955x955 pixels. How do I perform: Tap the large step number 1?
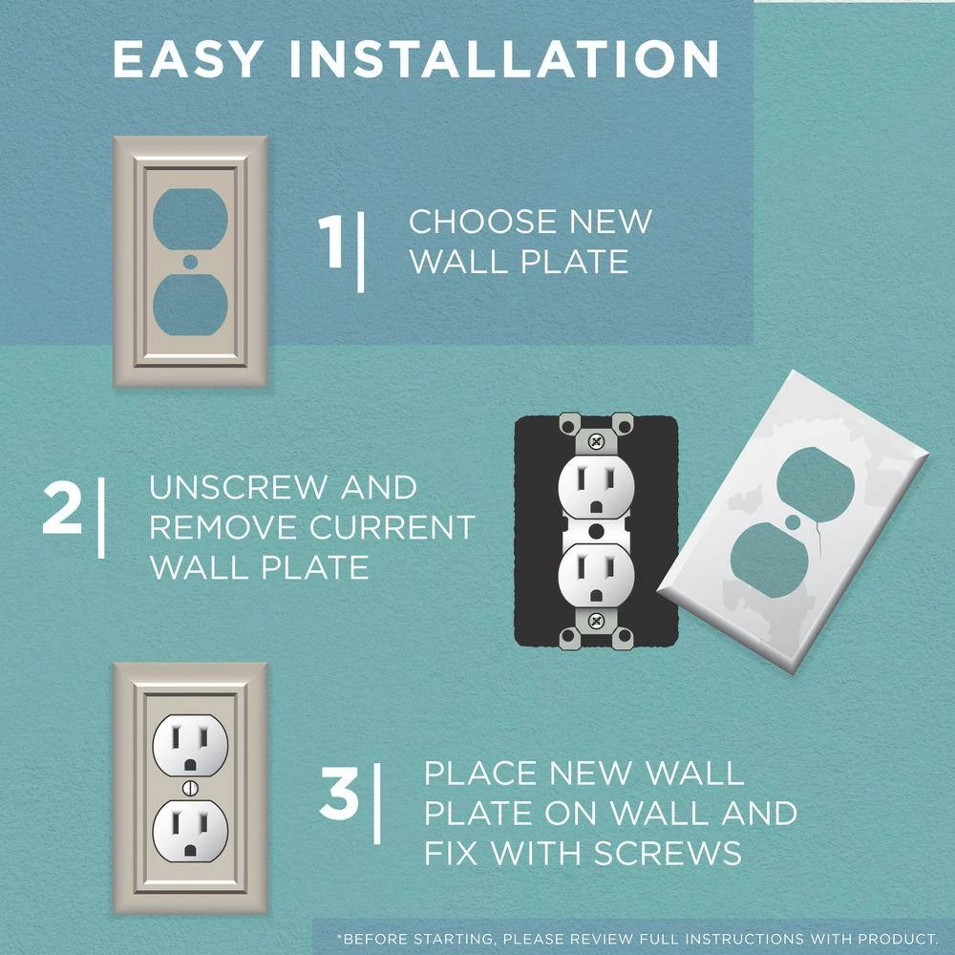click(331, 243)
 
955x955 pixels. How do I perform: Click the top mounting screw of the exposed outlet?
click(597, 441)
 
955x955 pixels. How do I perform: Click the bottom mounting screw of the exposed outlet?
click(597, 618)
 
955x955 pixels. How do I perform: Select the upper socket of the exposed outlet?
click(597, 483)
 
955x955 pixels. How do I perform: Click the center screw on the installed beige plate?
click(190, 788)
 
